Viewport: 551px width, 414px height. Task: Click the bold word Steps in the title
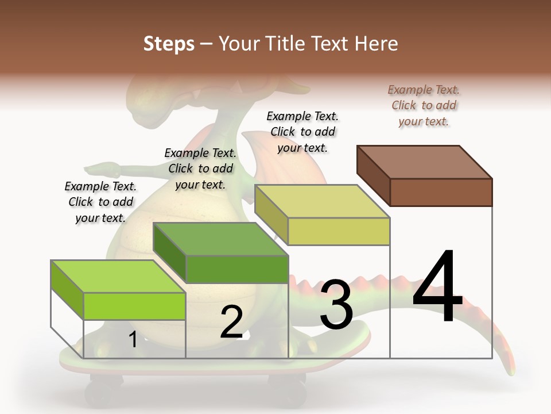tap(169, 44)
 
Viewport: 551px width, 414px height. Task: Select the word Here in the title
tap(374, 44)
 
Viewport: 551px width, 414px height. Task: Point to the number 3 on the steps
tap(336, 305)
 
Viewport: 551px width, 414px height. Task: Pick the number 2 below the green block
tap(231, 322)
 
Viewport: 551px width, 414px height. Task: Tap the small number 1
tap(133, 339)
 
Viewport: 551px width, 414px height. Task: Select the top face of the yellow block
tap(322, 201)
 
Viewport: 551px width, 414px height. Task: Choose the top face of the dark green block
tap(220, 239)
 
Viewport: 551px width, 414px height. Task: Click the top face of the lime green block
tap(118, 277)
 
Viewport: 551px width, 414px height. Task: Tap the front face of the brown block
tap(441, 192)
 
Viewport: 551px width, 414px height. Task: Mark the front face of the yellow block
tap(339, 231)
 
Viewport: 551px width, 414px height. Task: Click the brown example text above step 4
tap(424, 106)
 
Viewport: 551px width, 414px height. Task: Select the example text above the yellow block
tap(302, 132)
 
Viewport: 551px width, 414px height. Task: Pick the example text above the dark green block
tap(200, 168)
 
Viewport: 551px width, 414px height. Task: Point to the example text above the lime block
tap(100, 202)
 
